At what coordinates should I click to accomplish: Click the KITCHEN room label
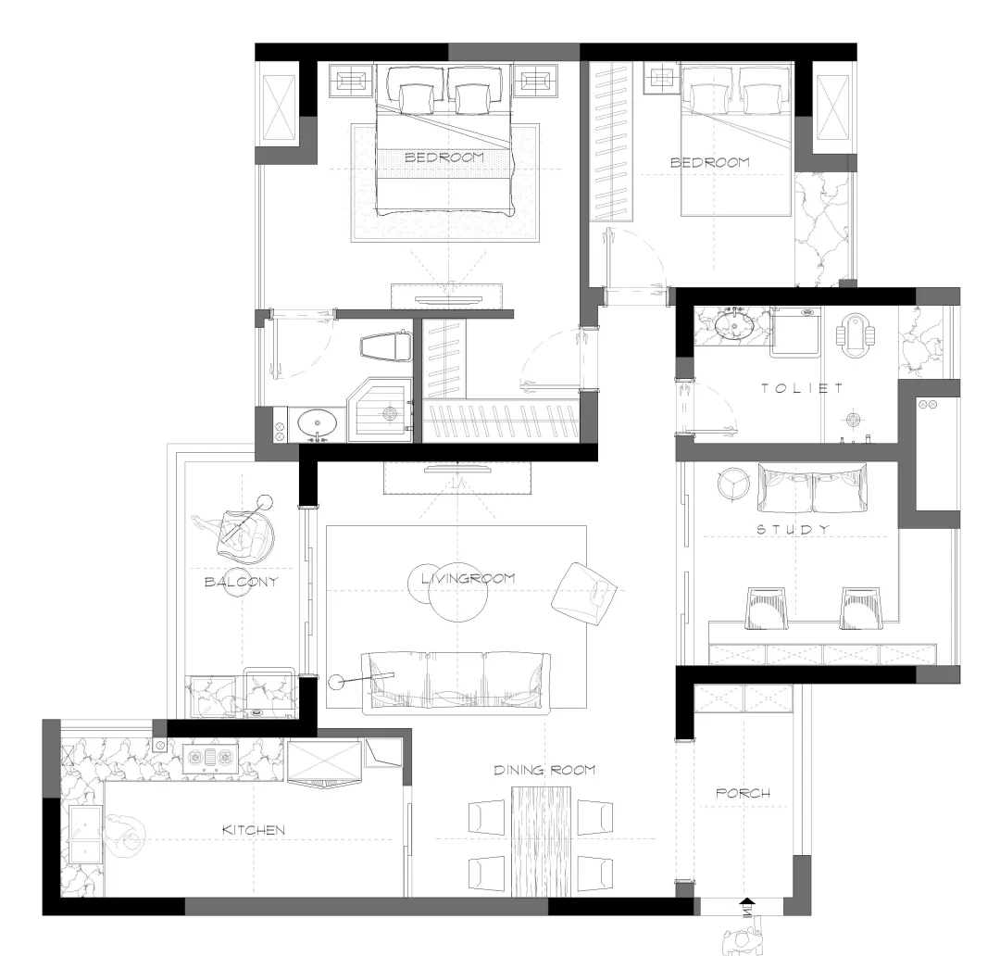click(253, 830)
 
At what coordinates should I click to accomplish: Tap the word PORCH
click(743, 793)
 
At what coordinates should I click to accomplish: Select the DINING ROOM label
click(544, 771)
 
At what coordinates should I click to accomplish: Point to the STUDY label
click(794, 529)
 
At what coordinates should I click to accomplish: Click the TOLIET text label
click(802, 388)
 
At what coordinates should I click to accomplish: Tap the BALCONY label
click(241, 582)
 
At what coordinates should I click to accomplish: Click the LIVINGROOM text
click(469, 579)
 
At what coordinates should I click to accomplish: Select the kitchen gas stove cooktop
click(210, 758)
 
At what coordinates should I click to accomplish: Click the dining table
click(541, 841)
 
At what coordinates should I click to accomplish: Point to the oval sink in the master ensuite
click(318, 423)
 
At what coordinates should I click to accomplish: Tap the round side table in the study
click(733, 484)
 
